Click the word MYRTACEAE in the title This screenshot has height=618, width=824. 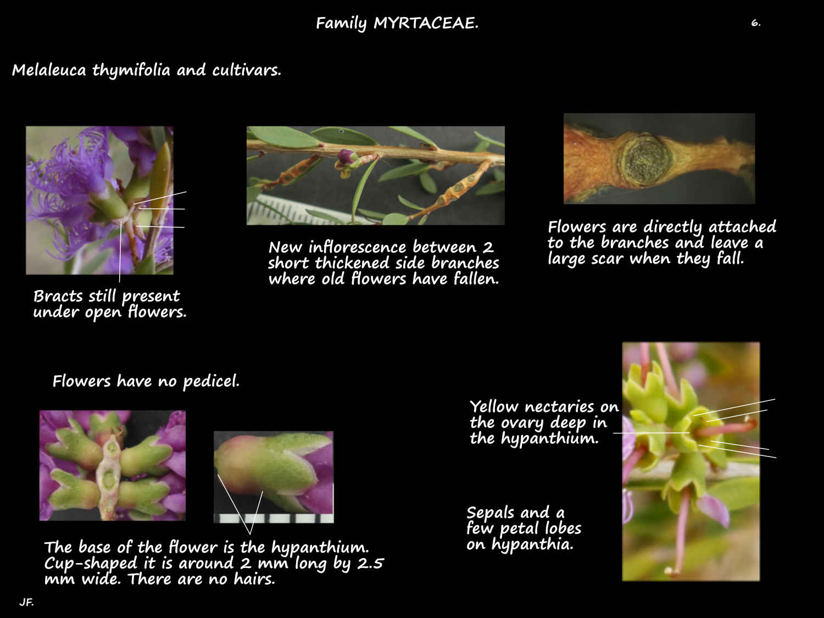point(425,23)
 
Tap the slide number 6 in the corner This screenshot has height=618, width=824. point(755,23)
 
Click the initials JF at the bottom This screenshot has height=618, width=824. point(26,602)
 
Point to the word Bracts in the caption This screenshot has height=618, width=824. point(58,296)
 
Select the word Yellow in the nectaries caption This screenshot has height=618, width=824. point(494,407)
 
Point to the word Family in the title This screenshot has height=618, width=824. point(341,23)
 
